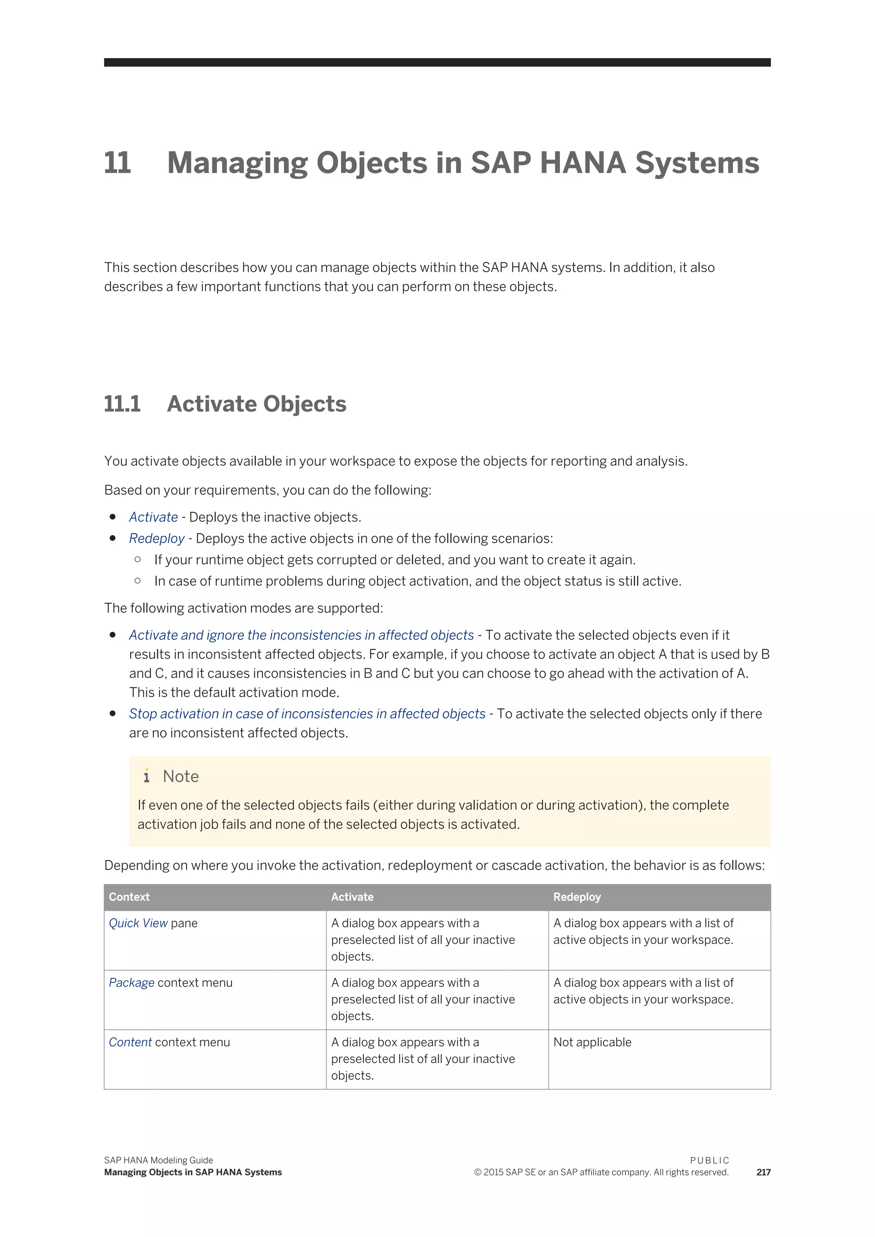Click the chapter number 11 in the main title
click(x=117, y=163)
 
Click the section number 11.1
click(x=122, y=404)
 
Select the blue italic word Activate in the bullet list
click(x=153, y=517)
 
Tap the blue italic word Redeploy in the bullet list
click(x=156, y=539)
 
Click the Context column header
click(x=129, y=897)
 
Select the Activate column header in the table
click(x=352, y=897)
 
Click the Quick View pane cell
click(x=153, y=923)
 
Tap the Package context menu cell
click(x=170, y=983)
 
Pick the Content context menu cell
click(x=169, y=1043)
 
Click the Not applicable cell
click(x=592, y=1043)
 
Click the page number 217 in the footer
click(x=763, y=1173)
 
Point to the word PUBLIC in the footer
click(x=709, y=1161)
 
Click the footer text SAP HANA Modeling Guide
click(x=159, y=1161)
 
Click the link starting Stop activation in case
click(x=307, y=714)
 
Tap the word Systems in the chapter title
click(x=697, y=163)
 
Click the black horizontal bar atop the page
click(x=437, y=62)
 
